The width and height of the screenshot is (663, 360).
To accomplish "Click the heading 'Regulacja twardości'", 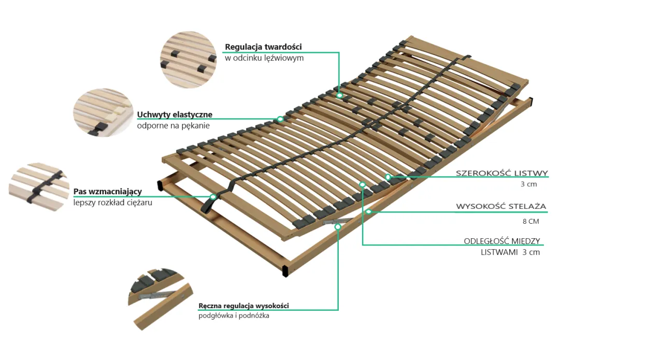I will click(x=263, y=47).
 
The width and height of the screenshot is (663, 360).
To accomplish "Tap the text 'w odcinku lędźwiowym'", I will click(x=264, y=59).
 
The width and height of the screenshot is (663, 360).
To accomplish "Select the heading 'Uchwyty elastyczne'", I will click(x=175, y=114).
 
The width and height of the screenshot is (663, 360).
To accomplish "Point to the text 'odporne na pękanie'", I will click(x=174, y=126).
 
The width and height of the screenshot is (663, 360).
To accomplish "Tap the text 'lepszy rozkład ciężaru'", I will click(x=112, y=203).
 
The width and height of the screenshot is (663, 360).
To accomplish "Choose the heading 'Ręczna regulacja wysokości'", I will click(x=243, y=306).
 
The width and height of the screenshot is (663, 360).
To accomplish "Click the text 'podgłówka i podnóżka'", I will click(x=234, y=316).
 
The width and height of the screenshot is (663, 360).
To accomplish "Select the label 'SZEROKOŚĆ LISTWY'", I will click(x=501, y=174).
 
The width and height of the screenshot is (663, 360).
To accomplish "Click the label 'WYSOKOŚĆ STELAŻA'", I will click(x=501, y=207).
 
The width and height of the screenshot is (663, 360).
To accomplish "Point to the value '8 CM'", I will click(x=530, y=221).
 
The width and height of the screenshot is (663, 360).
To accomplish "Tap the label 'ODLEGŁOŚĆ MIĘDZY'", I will click(x=502, y=241).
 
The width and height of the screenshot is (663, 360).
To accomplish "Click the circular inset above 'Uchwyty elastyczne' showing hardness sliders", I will click(x=188, y=59).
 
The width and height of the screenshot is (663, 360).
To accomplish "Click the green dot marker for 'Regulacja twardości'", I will click(x=339, y=95).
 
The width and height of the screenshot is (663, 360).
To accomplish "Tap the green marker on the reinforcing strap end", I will click(x=213, y=197).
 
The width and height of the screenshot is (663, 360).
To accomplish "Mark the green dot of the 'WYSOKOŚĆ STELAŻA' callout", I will click(x=368, y=211).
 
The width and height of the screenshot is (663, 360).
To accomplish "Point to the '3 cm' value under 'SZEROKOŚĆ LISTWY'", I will click(x=529, y=184).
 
